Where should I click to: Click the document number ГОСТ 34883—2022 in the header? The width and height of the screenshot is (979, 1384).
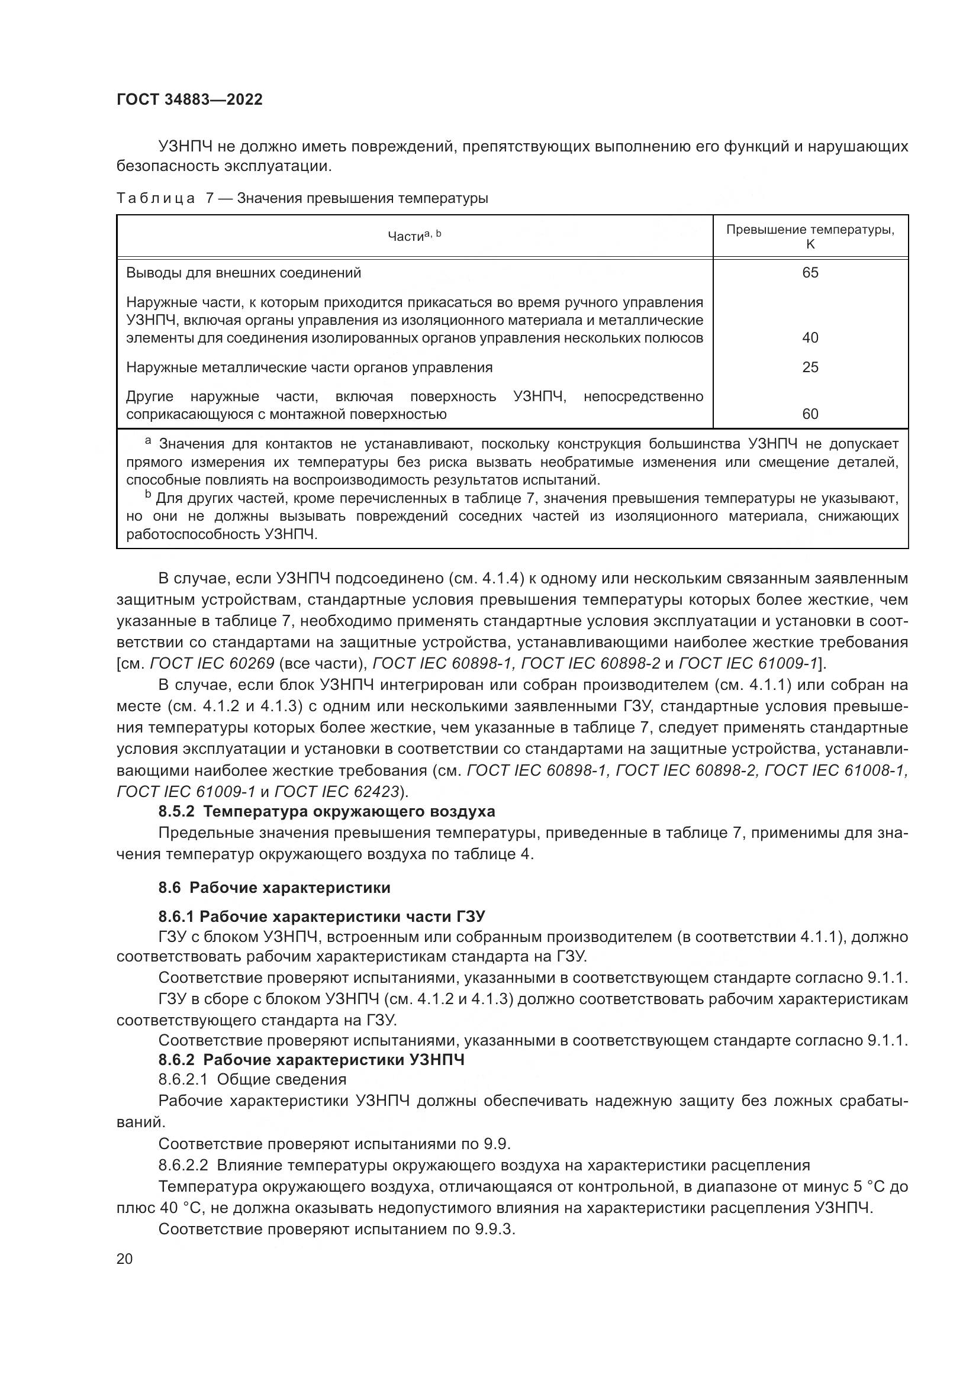pyautogui.click(x=189, y=99)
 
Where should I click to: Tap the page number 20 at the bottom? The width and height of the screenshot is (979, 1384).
pyautogui.click(x=124, y=1259)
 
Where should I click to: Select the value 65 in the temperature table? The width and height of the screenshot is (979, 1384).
pyautogui.click(x=810, y=273)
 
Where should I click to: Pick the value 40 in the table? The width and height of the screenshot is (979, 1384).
pyautogui.click(x=810, y=337)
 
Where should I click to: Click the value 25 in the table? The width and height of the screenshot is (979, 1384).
pyautogui.click(x=810, y=367)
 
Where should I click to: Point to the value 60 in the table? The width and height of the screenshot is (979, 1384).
pyautogui.click(x=810, y=414)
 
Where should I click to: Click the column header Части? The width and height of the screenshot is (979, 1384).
pyautogui.click(x=407, y=237)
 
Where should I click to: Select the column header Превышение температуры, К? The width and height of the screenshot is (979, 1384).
pyautogui.click(x=810, y=236)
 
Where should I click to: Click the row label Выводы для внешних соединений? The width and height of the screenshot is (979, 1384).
pyautogui.click(x=243, y=273)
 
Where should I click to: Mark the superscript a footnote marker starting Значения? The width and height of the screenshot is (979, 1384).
pyautogui.click(x=148, y=442)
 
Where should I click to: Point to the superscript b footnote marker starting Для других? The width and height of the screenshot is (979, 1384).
pyautogui.click(x=148, y=495)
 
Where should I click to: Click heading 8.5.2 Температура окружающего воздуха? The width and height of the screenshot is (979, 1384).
pyautogui.click(x=327, y=811)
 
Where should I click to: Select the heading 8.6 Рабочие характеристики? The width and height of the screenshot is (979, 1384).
pyautogui.click(x=274, y=888)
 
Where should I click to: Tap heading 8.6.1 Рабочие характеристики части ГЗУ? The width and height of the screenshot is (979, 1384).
pyautogui.click(x=321, y=917)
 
